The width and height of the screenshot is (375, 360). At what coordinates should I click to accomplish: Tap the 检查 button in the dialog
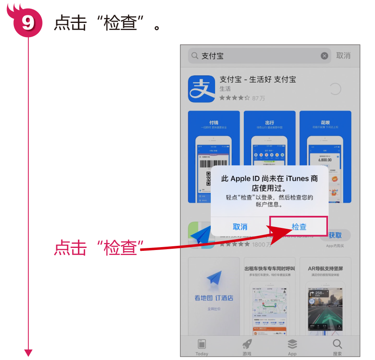(299, 227)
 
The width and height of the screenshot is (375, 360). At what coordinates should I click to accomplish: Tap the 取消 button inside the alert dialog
(240, 227)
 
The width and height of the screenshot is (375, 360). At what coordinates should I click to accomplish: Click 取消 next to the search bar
(343, 56)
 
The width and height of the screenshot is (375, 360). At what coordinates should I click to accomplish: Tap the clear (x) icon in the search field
(324, 56)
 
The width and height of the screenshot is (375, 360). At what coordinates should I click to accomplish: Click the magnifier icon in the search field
(195, 56)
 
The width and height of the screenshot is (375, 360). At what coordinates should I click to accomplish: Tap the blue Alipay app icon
(201, 89)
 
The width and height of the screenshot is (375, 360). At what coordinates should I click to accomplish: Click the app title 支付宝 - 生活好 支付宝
(257, 79)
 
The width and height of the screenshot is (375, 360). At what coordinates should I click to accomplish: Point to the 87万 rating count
(258, 98)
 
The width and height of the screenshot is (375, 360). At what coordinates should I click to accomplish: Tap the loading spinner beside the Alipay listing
(335, 89)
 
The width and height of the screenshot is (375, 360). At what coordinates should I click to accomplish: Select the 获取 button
(335, 235)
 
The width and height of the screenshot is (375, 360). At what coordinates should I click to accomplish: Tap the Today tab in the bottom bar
(202, 347)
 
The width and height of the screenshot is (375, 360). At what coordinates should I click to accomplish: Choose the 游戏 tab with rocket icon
(247, 347)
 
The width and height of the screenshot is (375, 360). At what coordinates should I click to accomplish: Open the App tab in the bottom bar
(292, 347)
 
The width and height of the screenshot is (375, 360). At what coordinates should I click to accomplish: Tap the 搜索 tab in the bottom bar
(337, 347)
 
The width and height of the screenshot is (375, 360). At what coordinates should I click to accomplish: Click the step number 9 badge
(28, 23)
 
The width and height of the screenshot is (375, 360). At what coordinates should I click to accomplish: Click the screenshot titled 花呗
(325, 156)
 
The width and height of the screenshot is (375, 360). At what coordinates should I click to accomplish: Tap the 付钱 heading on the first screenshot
(214, 122)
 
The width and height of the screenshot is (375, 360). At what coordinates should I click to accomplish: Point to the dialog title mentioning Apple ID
(269, 183)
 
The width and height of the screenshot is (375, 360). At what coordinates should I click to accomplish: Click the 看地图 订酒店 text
(214, 298)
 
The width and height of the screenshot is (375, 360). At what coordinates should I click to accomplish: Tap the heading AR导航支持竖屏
(325, 269)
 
